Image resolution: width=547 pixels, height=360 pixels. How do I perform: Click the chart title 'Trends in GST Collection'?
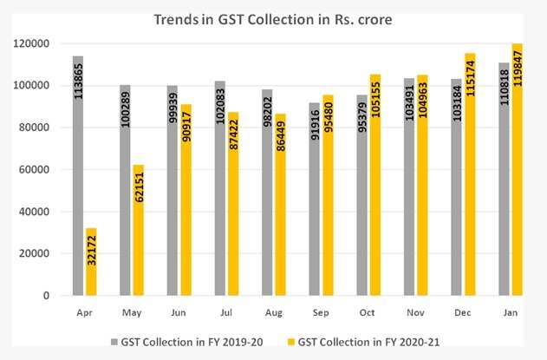click(x=272, y=18)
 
